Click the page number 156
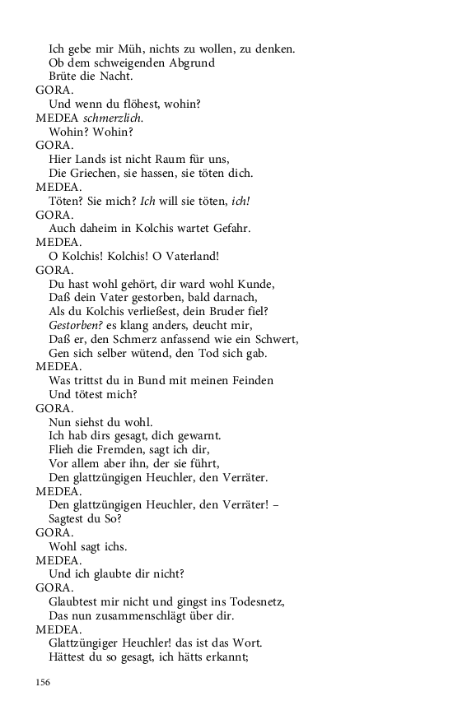pos(43,682)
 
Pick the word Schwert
pos(276,339)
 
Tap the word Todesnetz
pos(249,602)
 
